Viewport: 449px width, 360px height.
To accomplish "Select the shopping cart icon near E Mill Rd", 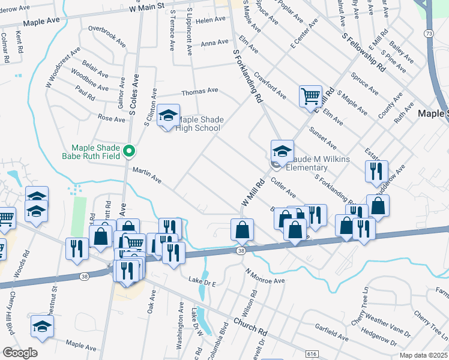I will tap(310, 95).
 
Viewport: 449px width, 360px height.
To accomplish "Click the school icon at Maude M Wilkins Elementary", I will tap(282, 151).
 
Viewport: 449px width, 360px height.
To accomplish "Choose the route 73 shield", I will tap(428, 34).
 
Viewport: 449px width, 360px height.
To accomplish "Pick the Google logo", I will tap(20, 353).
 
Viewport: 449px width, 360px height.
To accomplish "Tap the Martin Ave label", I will tap(147, 175).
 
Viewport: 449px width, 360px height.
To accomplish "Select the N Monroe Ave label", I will tap(264, 276).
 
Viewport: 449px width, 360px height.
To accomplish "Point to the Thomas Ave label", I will tap(200, 91).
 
